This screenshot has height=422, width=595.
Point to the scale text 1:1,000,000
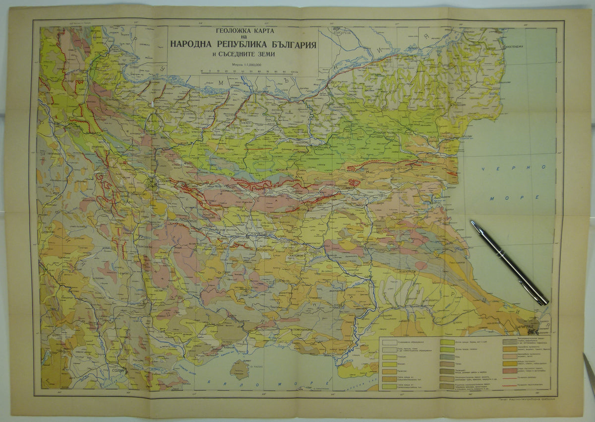click(248, 65)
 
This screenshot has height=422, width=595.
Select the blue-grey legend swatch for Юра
click(447, 357)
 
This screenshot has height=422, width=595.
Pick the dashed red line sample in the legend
click(510, 386)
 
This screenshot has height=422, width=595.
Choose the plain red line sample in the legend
click(510, 378)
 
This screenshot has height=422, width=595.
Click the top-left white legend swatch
click(390, 343)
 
